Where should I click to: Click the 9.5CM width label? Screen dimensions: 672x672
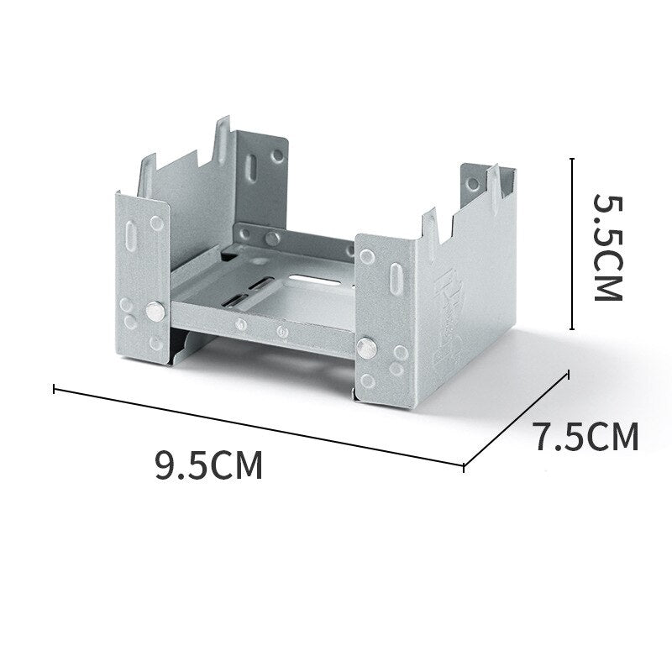click(x=208, y=465)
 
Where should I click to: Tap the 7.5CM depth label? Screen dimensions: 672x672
click(x=587, y=437)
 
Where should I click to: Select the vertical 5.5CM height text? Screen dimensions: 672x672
click(x=607, y=248)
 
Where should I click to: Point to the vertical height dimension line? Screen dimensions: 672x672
click(x=572, y=244)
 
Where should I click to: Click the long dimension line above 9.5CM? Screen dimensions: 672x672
click(x=259, y=427)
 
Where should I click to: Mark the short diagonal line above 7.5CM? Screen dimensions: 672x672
click(x=517, y=419)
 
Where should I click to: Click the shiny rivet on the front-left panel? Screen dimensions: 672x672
click(x=155, y=312)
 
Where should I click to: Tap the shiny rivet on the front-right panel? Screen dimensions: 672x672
click(x=367, y=348)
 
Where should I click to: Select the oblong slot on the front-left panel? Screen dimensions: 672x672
click(x=132, y=235)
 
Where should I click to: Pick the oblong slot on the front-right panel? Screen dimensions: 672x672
click(x=396, y=279)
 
